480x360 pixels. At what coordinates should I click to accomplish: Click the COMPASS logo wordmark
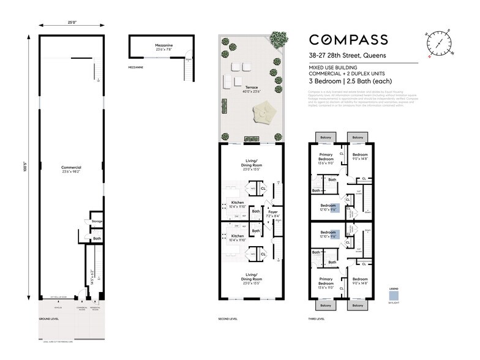(x=348, y=40)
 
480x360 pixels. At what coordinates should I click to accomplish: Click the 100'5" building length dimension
(x=24, y=167)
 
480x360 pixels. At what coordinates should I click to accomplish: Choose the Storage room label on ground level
(x=97, y=221)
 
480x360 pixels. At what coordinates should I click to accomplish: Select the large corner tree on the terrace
(x=279, y=39)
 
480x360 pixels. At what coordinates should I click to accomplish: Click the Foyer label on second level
(x=272, y=212)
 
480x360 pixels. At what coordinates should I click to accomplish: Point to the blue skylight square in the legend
(x=394, y=295)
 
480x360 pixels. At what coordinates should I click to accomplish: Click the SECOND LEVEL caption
(x=228, y=319)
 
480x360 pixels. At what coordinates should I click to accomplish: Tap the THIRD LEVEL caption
(x=317, y=319)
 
